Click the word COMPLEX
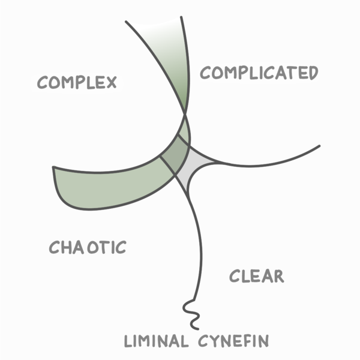tap(77, 82)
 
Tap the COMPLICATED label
tap(259, 73)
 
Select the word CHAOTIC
tap(88, 247)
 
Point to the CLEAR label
tap(256, 277)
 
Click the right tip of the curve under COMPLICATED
tap(320, 146)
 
